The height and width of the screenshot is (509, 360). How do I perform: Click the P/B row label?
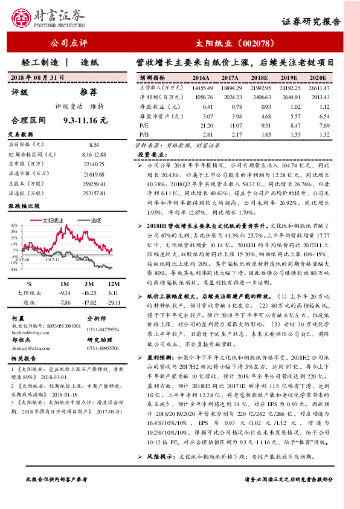tap(144, 134)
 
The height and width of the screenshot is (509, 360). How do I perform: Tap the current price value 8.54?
tap(94, 145)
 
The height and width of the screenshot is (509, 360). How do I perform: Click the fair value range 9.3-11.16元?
tap(85, 120)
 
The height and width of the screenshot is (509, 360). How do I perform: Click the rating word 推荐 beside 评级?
tap(89, 92)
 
